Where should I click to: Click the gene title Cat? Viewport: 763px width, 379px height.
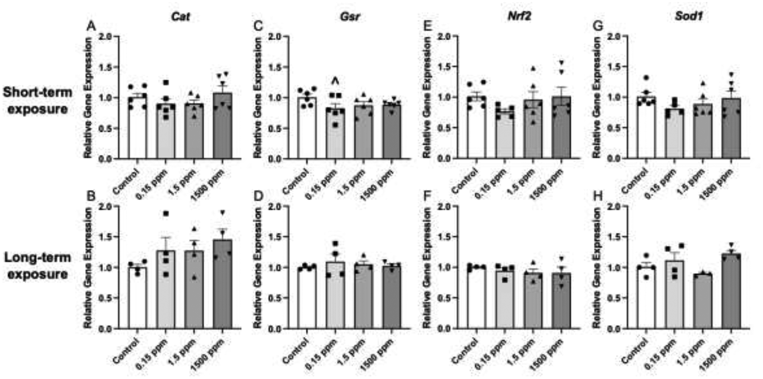pos(180,17)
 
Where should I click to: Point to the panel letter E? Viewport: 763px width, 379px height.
pos(429,26)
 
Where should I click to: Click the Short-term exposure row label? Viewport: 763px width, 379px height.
pos(37,100)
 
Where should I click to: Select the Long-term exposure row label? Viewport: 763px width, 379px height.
pos(37,266)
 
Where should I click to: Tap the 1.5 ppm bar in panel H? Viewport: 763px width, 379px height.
pos(702,301)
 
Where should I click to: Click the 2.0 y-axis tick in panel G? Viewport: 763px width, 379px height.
pos(614,36)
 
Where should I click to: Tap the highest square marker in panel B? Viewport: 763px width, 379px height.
pos(166,214)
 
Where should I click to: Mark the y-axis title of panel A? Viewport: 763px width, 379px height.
pos(88,98)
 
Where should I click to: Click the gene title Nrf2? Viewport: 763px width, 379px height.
pos(519,17)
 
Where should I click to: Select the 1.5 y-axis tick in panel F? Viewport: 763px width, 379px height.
pos(444,237)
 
